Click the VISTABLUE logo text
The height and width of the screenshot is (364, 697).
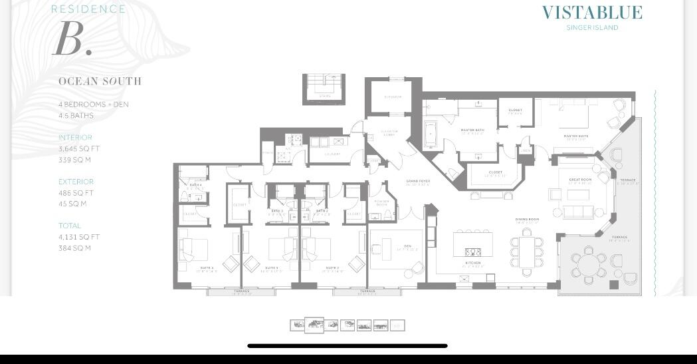point(592,13)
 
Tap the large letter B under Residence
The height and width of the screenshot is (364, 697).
point(72,39)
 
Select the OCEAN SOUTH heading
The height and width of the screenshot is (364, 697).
point(100,81)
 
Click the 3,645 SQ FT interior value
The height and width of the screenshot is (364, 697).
point(78,149)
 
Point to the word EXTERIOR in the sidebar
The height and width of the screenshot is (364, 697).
point(76,182)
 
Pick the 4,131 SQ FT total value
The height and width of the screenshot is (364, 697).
point(78,237)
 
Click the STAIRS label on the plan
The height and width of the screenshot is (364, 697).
point(324,96)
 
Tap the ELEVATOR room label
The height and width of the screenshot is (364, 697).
point(393,97)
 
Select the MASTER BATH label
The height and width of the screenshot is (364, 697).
point(472,130)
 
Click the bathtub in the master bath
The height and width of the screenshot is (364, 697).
point(431,134)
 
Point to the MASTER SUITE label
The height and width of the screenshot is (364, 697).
point(575,136)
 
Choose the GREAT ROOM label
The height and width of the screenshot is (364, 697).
point(580,180)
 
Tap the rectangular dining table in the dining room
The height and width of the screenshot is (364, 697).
point(527,252)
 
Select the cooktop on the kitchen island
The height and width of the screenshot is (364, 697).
point(472,252)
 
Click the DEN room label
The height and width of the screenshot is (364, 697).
point(407,246)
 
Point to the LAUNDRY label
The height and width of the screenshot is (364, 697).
point(332,154)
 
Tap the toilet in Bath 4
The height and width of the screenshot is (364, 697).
point(184,196)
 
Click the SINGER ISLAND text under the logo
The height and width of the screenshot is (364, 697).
point(592,28)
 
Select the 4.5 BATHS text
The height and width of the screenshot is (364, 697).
point(76,116)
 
